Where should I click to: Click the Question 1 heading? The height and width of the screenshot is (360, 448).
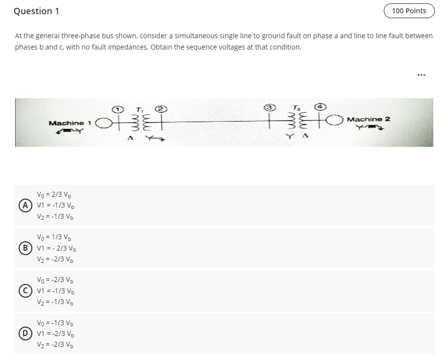[x=36, y=11]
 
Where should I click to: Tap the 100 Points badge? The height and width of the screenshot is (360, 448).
[x=409, y=11]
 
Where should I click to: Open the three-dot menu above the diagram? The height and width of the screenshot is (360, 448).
[x=421, y=75]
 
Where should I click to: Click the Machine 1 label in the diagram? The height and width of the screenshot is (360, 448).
[x=70, y=123]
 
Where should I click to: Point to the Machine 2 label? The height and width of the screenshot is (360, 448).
[x=368, y=119]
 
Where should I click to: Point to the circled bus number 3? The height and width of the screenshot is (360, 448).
[x=269, y=107]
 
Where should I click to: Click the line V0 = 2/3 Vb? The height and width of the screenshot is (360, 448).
[x=55, y=194]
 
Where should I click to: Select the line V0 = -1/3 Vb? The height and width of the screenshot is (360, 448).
[x=56, y=323]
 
